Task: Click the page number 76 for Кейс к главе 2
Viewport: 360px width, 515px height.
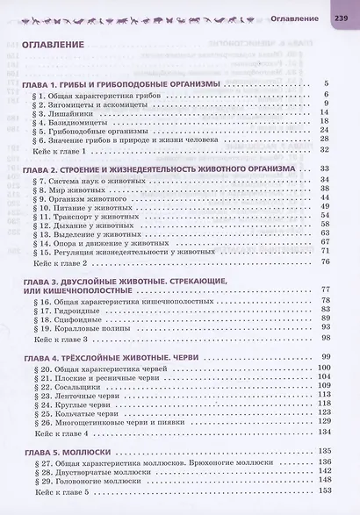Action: click(x=324, y=261)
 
